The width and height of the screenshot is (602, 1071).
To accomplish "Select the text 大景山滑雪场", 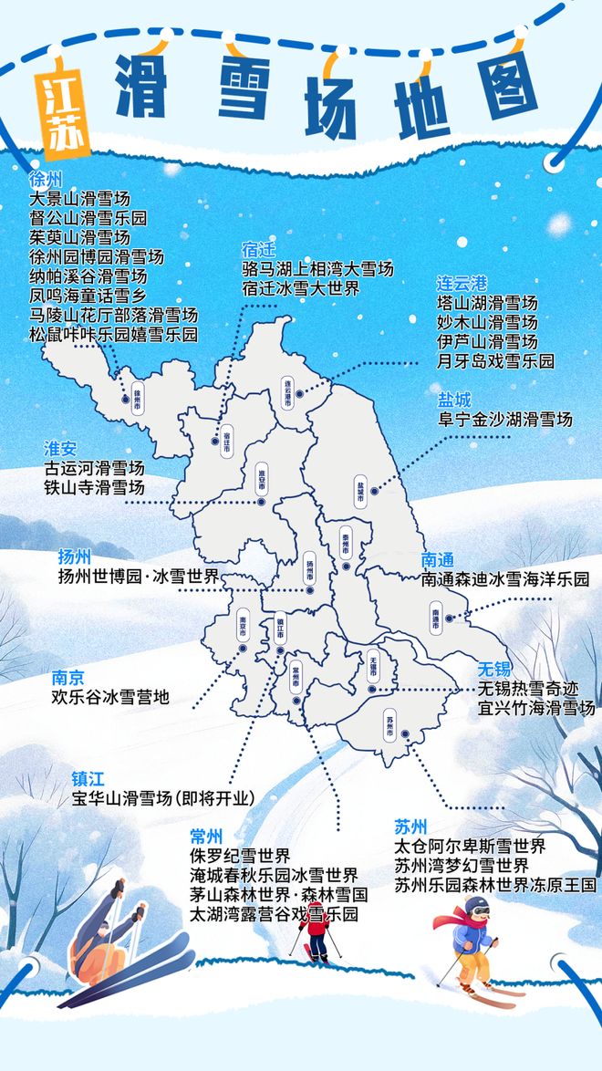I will click(80, 198).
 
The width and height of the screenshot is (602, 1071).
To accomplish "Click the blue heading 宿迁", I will click(258, 249).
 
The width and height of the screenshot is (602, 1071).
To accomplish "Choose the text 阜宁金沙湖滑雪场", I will click(505, 420).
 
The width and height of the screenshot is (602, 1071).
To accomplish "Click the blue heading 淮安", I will click(61, 448).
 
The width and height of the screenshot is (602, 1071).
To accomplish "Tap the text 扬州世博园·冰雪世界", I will click(138, 577).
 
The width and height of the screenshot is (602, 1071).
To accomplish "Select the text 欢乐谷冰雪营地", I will click(110, 698).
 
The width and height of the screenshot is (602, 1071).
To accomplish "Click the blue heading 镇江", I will click(88, 779).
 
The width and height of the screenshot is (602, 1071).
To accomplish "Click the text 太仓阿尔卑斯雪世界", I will click(470, 846).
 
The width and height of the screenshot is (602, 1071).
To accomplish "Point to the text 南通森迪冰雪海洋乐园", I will click(505, 578).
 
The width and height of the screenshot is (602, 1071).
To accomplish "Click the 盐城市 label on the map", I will click(360, 490).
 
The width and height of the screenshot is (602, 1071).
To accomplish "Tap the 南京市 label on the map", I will click(243, 630).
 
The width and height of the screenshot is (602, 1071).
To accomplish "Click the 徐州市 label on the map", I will click(138, 399).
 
